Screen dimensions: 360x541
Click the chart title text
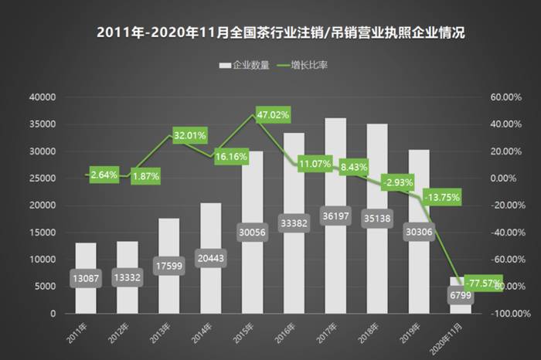[270, 33]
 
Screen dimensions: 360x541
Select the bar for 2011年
[86, 263]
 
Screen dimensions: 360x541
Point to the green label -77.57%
[478, 283]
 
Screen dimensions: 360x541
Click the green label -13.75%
[441, 198]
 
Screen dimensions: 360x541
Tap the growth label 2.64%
[104, 175]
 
